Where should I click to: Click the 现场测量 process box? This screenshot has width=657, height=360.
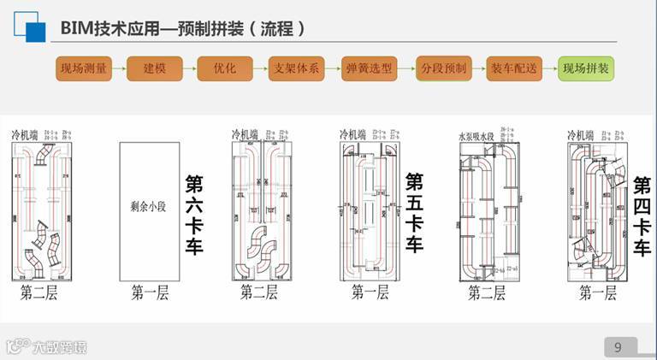pos(84,68)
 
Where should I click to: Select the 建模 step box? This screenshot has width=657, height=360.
pos(155,68)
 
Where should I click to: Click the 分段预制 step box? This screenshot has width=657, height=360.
pos(442,68)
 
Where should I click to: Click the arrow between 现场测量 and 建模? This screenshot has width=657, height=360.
pos(120,68)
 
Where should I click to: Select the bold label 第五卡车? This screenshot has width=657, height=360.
pos(414,215)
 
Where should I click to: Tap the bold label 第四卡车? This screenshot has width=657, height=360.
pos(642,217)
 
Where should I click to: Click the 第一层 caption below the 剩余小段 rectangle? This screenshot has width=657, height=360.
pos(150,293)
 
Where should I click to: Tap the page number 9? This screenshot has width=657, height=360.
pos(618,346)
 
